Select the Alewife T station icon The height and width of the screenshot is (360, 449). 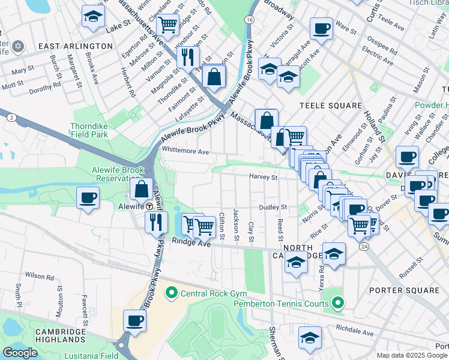149,205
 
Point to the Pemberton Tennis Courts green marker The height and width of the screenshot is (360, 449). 339,304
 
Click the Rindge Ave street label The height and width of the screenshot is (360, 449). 191,242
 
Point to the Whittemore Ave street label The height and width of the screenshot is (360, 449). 185,152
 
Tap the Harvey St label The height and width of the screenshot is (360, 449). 264,177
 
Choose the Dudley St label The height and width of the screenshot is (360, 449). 274,207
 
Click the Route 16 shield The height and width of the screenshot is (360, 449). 249,20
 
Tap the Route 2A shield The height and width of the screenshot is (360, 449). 364,247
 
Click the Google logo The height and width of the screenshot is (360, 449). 20,353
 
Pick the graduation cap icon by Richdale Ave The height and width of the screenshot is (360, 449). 310,338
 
